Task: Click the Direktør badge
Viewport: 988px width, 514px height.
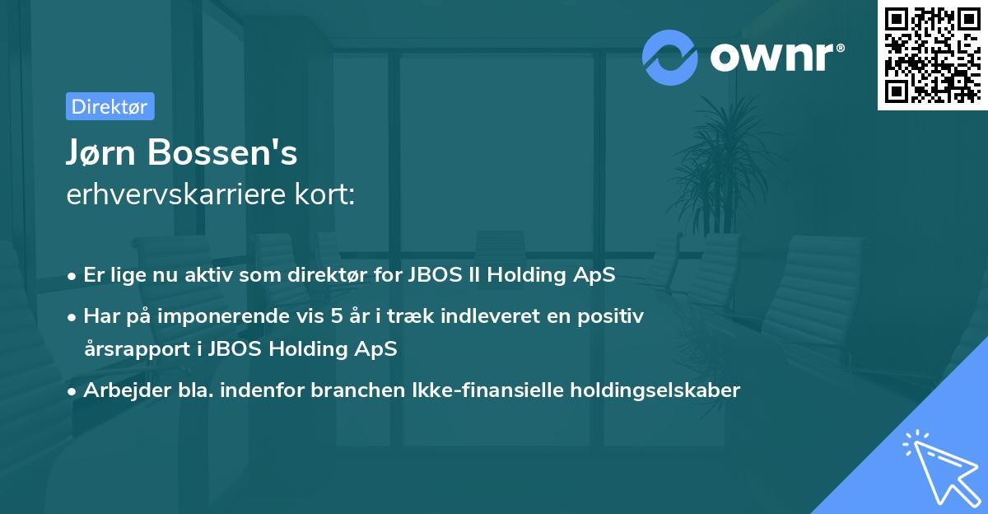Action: point(110,106)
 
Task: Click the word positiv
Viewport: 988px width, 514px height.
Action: point(613,315)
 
